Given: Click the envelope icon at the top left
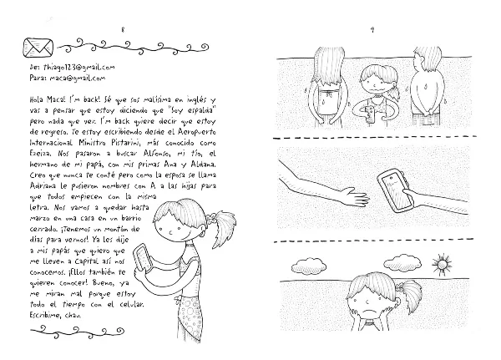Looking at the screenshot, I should tap(38, 43).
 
